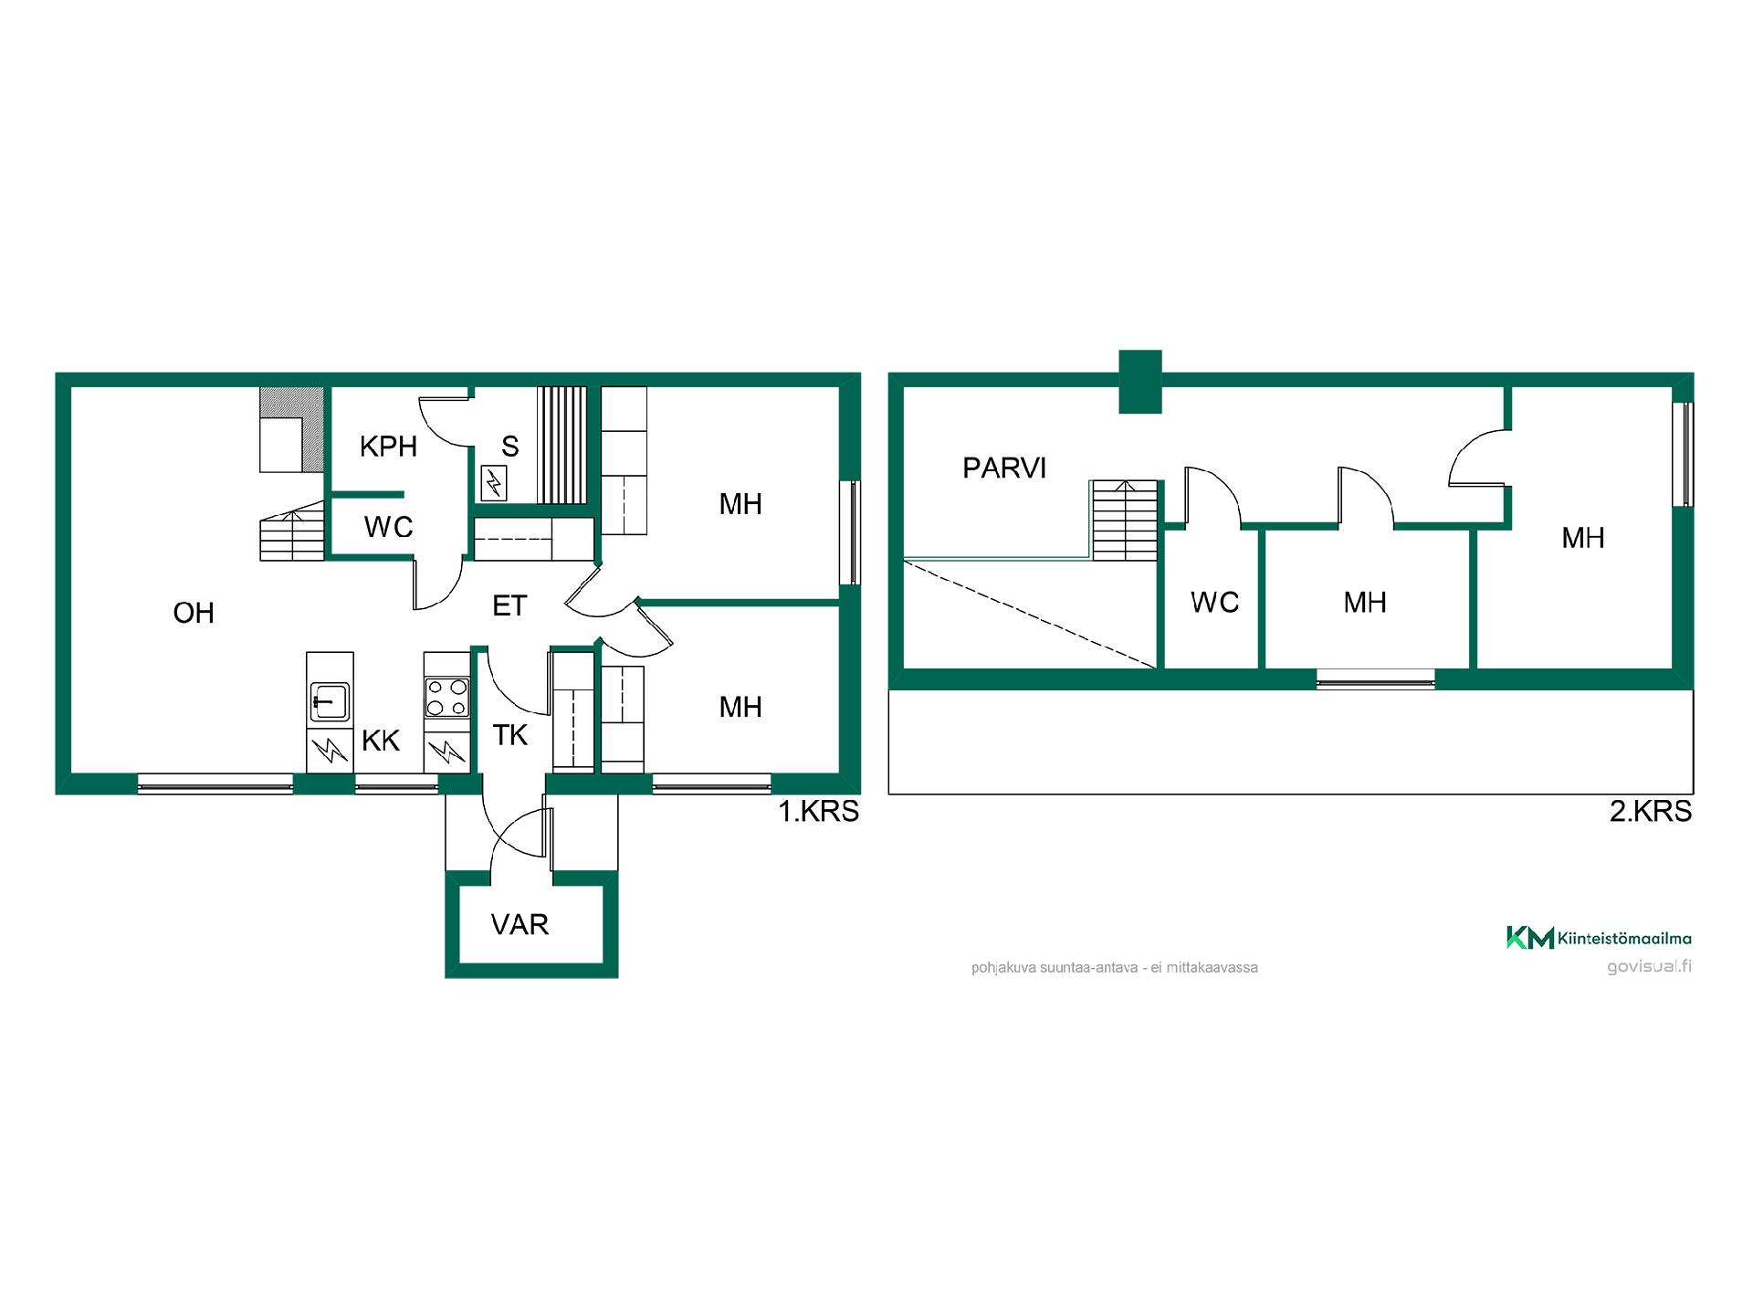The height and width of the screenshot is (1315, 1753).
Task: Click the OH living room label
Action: [x=194, y=613]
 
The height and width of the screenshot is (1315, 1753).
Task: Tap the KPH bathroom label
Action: [x=388, y=447]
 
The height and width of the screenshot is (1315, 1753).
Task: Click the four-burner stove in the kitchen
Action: [x=447, y=697]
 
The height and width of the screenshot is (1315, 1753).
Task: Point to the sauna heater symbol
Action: [x=493, y=483]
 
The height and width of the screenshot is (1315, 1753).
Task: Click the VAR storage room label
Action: [x=520, y=925]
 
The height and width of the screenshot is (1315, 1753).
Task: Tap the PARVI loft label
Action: [x=1004, y=468]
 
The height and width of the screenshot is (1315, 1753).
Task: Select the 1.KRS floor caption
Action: [x=818, y=812]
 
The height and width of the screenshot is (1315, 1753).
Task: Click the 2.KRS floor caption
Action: [x=1651, y=812]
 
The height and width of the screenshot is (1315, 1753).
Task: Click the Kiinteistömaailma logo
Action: [x=1599, y=938]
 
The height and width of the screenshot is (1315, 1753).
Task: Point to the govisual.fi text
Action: [x=1650, y=967]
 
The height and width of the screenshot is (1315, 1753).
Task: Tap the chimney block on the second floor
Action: [x=1140, y=382]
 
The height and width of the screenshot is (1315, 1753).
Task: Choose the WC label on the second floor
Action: [x=1214, y=603]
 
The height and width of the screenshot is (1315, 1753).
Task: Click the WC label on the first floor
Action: [x=388, y=528]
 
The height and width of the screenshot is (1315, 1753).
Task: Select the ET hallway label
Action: [x=509, y=605]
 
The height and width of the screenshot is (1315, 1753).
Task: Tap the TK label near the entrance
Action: [x=510, y=735]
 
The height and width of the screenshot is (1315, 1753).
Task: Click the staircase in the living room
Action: [x=292, y=531]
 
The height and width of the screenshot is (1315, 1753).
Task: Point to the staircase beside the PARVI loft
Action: [x=1125, y=521]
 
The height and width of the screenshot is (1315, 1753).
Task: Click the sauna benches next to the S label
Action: [x=562, y=445]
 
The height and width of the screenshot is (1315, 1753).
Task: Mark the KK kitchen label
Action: [x=381, y=741]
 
